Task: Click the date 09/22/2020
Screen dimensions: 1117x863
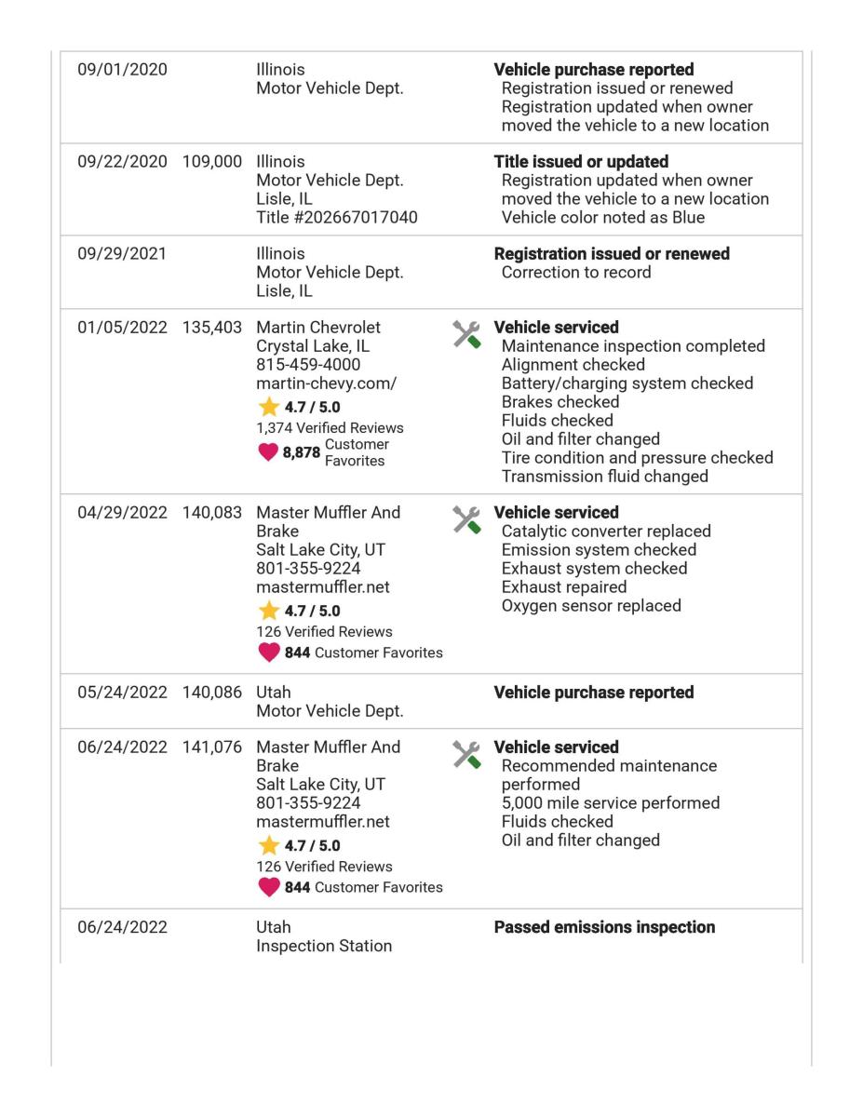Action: (123, 162)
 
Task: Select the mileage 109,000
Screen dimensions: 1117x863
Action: (213, 162)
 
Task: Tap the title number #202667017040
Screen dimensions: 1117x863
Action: (337, 218)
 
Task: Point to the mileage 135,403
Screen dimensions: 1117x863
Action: (213, 328)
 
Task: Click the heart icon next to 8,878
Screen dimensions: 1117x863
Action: (269, 451)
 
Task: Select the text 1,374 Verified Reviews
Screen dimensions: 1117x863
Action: (330, 428)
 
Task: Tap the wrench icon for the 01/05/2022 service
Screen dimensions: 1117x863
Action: (466, 334)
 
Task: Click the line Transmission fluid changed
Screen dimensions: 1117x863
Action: (604, 477)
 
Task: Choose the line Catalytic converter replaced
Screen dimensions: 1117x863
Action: (605, 532)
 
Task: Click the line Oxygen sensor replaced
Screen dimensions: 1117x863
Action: (590, 606)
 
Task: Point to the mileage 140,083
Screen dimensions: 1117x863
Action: (213, 513)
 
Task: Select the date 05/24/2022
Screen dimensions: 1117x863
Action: (123, 693)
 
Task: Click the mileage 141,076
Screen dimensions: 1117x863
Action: (213, 747)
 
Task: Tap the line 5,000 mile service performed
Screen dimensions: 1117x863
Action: (610, 803)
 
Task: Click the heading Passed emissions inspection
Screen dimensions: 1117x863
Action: (604, 927)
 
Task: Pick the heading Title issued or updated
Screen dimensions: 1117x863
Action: (581, 162)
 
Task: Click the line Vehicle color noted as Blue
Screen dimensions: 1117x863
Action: (602, 218)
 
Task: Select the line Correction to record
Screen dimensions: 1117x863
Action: (576, 273)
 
